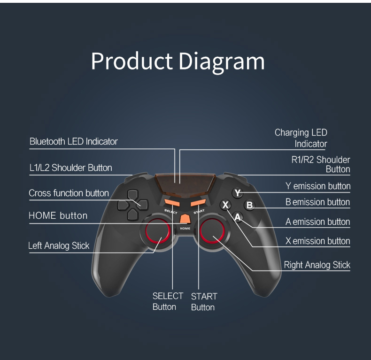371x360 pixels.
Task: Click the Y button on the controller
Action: point(238,193)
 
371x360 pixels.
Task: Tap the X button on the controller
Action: point(226,205)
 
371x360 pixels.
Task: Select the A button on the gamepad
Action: point(238,217)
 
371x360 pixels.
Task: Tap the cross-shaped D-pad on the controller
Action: point(133,205)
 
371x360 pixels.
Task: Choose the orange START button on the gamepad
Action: point(198,203)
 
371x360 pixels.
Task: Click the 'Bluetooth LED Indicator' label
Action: point(73,141)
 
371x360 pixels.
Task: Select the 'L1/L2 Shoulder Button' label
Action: point(70,168)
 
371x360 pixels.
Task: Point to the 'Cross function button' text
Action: point(69,193)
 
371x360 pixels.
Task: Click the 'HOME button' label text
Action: point(58,216)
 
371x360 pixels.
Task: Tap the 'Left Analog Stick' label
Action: point(59,245)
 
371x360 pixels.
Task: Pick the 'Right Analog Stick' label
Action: point(317,265)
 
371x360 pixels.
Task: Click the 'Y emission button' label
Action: point(318,186)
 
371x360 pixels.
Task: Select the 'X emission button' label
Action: point(318,241)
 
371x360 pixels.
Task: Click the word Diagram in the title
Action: point(222,61)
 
